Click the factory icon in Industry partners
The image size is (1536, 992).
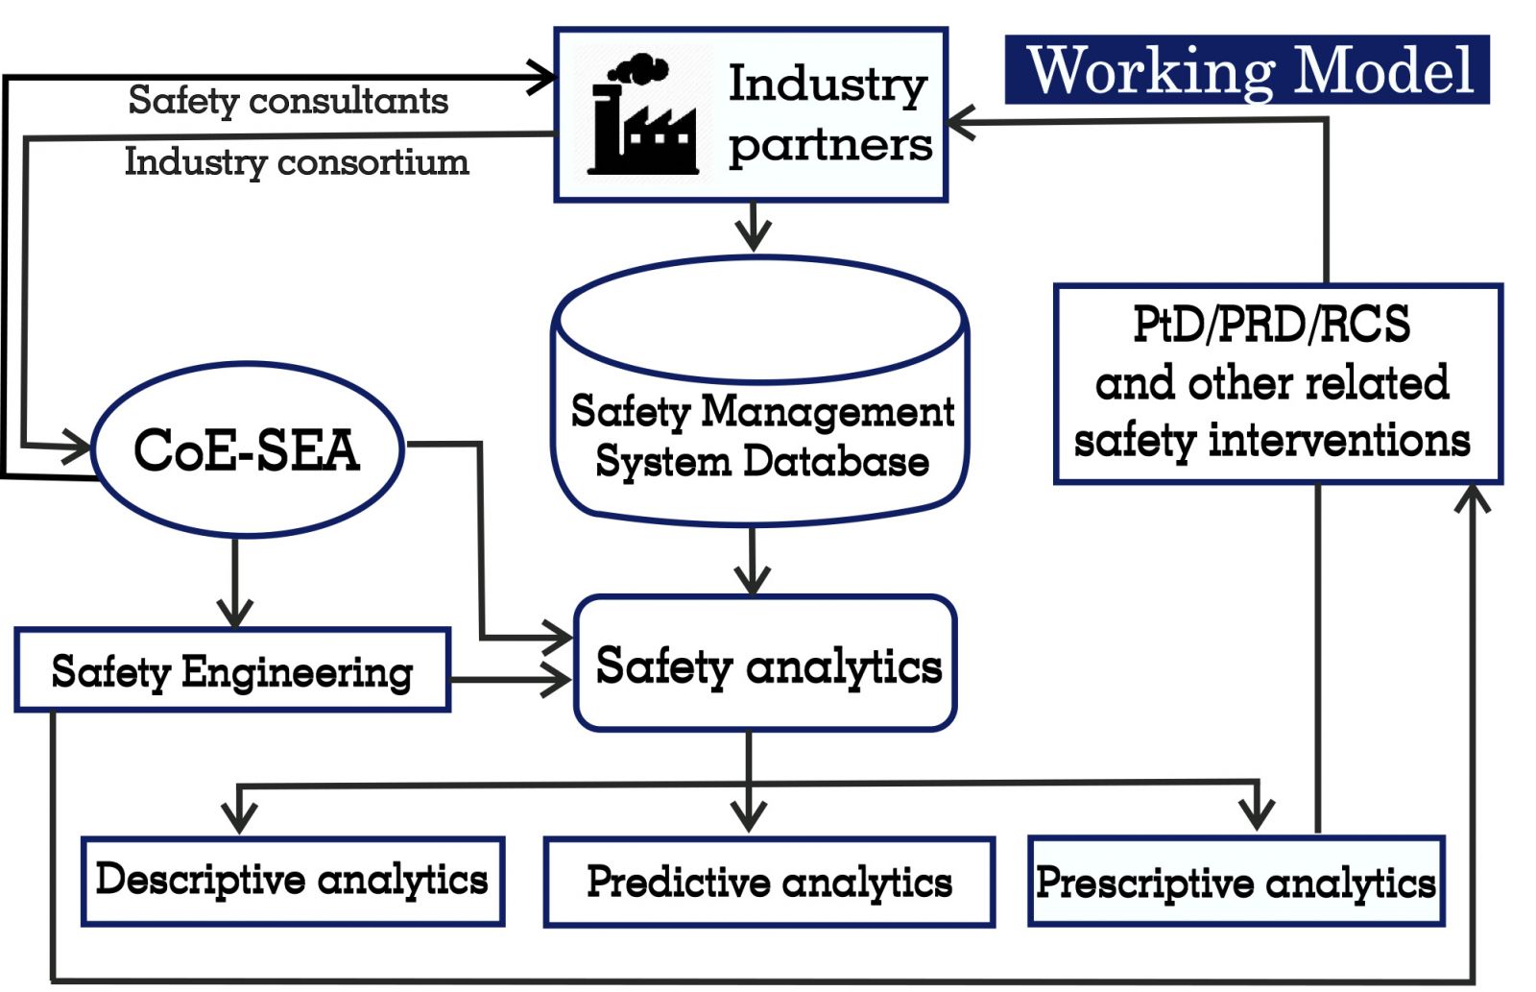tap(641, 117)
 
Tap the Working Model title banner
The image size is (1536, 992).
tap(1246, 70)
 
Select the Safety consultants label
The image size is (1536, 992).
tap(288, 100)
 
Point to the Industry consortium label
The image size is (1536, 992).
tap(297, 161)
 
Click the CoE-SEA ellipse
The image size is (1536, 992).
tap(247, 449)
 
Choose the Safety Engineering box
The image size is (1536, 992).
tap(232, 670)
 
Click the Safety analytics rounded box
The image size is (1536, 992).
tap(766, 665)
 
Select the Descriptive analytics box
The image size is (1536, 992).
tap(293, 881)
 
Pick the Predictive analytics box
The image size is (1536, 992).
tap(769, 882)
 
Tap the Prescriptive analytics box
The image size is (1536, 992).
tap(1236, 882)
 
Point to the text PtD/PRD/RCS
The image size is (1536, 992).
tap(1272, 325)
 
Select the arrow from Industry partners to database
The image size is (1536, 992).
tap(754, 228)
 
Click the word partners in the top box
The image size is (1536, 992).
tap(830, 146)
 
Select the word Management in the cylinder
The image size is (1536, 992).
tap(828, 411)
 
